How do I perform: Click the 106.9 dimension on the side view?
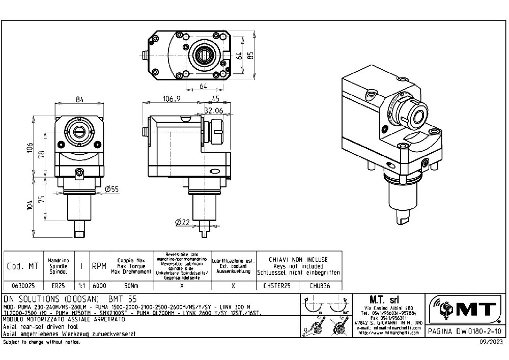tap(172, 99)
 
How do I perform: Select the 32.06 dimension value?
tap(214, 109)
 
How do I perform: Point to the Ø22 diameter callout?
tap(182, 222)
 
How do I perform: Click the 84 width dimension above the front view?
tap(79, 99)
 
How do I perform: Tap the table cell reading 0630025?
tap(20, 286)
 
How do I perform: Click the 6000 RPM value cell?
tap(99, 286)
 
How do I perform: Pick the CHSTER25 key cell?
tap(277, 286)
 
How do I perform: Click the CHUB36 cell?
tap(320, 286)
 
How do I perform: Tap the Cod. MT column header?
tap(22, 266)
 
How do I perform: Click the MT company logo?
tap(465, 310)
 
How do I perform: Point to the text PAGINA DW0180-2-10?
tap(465, 331)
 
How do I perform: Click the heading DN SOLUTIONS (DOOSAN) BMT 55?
tap(70, 298)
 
